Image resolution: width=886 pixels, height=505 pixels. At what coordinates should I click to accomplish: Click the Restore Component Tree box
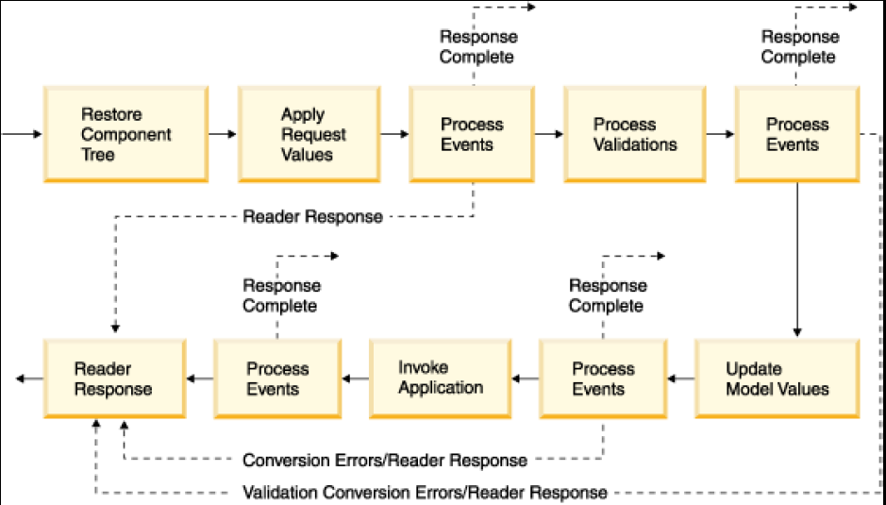[x=126, y=134]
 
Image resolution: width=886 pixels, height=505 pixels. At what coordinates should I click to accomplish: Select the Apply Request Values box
[x=309, y=134]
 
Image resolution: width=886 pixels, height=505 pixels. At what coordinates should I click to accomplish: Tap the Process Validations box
[x=635, y=134]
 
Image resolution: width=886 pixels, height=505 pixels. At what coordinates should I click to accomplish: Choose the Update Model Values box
[x=777, y=379]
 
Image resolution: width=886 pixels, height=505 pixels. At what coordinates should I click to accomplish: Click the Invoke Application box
[x=441, y=379]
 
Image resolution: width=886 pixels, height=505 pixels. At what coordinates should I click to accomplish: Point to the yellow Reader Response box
[x=115, y=379]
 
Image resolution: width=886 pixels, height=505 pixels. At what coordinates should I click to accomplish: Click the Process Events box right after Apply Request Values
[x=472, y=134]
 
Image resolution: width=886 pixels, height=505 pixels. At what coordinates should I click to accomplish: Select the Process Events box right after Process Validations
[x=797, y=134]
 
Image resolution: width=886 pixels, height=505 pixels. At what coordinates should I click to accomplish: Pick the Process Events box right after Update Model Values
[x=603, y=379]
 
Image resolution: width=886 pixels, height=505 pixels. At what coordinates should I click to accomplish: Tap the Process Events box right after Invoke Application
[x=277, y=379]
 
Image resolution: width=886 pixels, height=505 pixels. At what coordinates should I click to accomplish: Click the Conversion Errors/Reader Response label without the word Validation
[x=385, y=461]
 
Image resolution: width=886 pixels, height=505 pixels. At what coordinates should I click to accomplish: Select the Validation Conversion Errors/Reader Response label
[x=425, y=493]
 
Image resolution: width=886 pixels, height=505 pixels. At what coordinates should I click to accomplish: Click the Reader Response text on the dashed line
[x=312, y=216]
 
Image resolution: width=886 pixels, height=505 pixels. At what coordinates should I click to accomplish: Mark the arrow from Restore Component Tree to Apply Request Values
[x=223, y=134]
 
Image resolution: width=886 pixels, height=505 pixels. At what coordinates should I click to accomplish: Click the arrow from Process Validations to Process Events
[x=720, y=134]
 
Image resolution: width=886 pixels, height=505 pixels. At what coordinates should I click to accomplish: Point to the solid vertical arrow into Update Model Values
[x=797, y=260]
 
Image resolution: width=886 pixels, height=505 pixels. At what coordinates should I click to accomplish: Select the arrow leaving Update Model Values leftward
[x=681, y=379]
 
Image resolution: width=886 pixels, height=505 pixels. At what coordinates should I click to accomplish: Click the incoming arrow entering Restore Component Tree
[x=22, y=134]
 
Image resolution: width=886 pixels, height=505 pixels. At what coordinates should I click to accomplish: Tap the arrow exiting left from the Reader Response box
[x=29, y=379]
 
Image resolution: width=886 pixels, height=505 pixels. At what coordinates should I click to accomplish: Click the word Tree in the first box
[x=98, y=155]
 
